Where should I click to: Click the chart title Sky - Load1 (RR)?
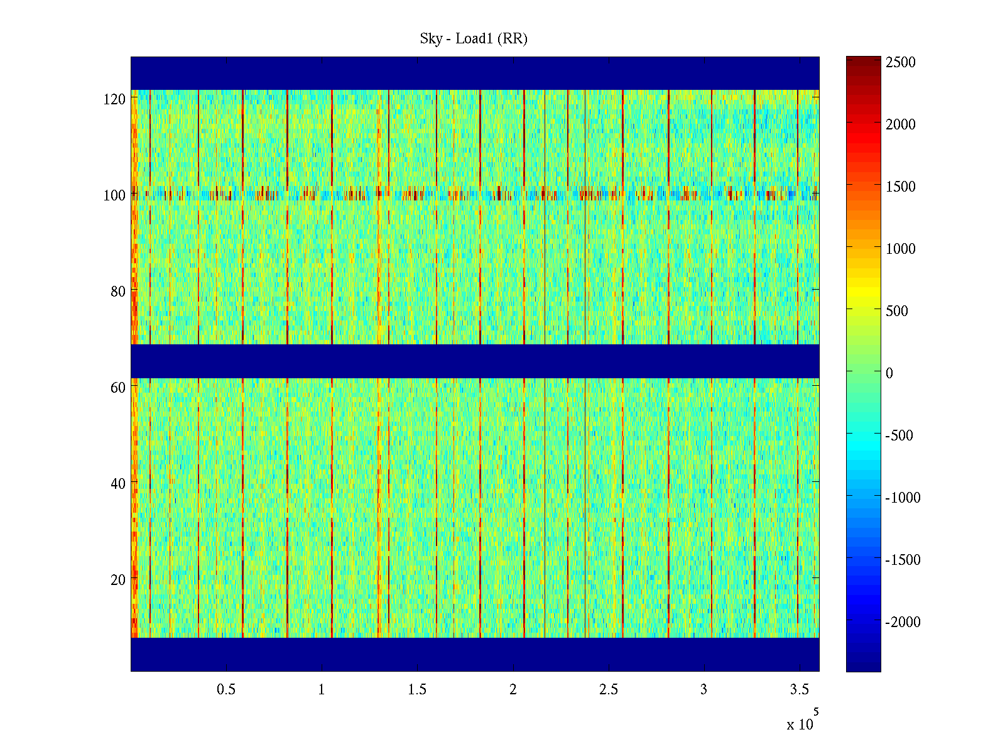tap(474, 39)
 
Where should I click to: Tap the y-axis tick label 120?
tap(114, 99)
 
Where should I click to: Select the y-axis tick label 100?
tap(114, 195)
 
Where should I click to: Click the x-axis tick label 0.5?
tap(226, 690)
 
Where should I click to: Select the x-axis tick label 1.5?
tap(417, 690)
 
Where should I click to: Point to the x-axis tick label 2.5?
tap(608, 690)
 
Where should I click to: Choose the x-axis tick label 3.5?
tap(799, 690)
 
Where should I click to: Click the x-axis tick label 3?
tap(703, 690)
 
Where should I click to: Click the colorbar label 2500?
tap(901, 62)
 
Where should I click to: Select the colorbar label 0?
tap(889, 373)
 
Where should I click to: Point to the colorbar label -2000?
tap(903, 622)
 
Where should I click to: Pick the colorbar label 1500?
tap(901, 187)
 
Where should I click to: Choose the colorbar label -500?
tap(899, 435)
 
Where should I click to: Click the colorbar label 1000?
tap(901, 249)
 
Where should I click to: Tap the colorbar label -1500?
tap(903, 560)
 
